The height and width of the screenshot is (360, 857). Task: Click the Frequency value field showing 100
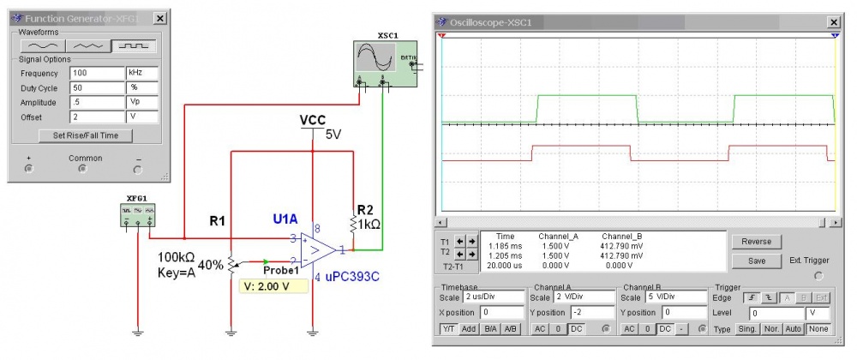coord(97,74)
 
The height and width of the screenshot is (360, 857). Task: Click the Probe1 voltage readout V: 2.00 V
coord(273,285)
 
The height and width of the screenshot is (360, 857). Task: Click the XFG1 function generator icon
coord(136,214)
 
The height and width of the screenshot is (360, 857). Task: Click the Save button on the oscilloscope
coord(757,261)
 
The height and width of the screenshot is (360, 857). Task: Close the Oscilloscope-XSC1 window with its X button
coord(832,21)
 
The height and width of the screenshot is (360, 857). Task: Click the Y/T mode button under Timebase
coord(448,329)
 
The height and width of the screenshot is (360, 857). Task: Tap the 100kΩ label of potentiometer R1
coord(176,256)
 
